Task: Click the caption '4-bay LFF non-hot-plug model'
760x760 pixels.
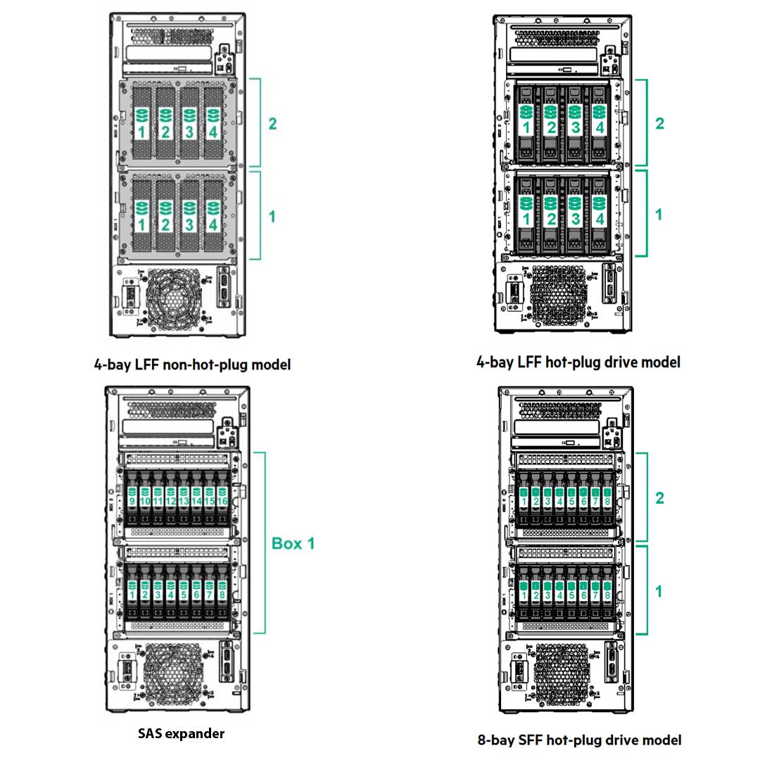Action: [x=191, y=365]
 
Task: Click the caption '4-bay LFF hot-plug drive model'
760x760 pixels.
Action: [x=578, y=362]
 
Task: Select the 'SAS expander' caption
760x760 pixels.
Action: [x=181, y=733]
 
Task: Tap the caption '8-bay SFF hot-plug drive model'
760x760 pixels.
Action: [x=578, y=740]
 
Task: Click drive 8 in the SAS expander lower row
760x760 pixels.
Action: [x=222, y=593]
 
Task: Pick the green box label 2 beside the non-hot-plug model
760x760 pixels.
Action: [x=272, y=123]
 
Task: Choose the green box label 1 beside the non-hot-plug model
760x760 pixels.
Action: [x=272, y=215]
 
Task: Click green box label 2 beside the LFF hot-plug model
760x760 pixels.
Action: [x=659, y=123]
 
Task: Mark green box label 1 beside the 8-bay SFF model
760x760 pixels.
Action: [x=659, y=592]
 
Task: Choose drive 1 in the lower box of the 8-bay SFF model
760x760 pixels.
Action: [x=524, y=593]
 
